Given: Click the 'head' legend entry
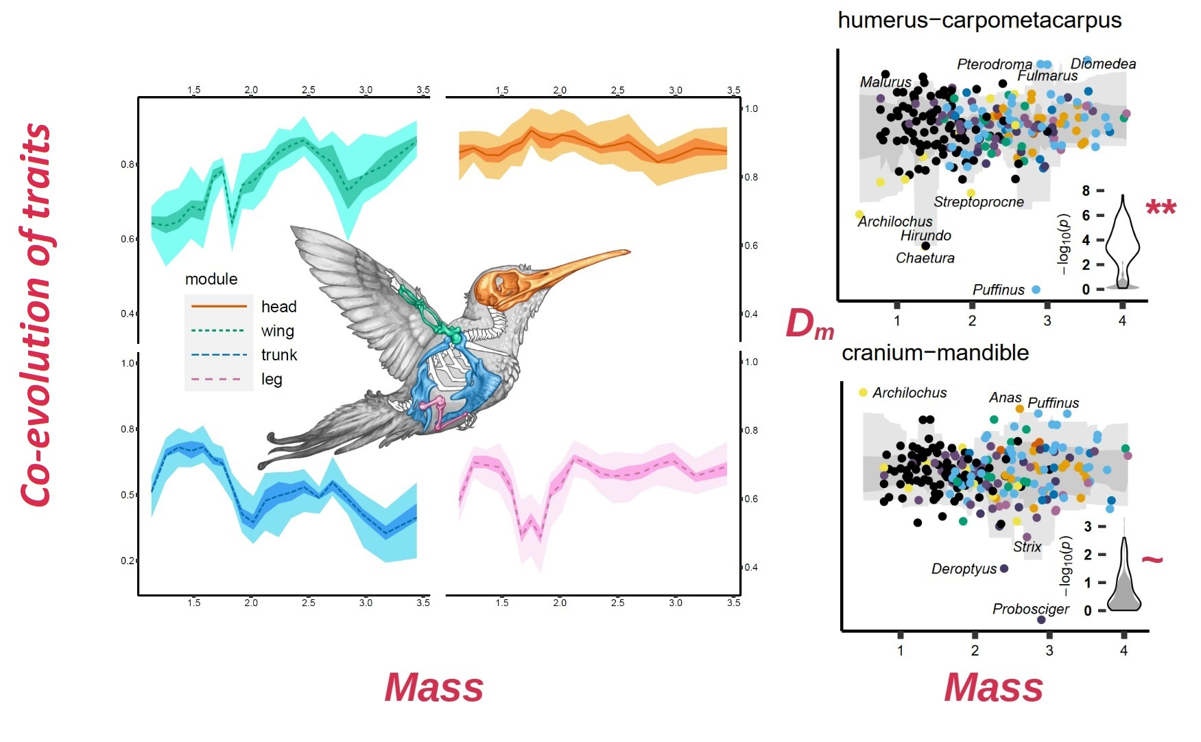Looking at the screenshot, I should [278, 307].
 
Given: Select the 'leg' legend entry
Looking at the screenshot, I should [272, 380].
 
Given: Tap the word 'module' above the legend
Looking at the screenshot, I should [211, 279].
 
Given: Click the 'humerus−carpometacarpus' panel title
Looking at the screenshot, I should [979, 21].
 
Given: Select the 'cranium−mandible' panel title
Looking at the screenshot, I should [935, 353].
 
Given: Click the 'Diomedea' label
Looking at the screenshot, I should [1103, 64].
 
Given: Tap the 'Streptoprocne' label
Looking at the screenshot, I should [978, 202].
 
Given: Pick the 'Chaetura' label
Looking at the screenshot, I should [925, 258].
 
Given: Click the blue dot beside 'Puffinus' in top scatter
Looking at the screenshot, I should [1036, 290].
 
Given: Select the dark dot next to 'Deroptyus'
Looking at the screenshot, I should [1004, 569].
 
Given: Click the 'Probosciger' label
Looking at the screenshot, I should [1030, 609].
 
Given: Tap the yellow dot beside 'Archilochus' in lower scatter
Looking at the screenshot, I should [863, 393].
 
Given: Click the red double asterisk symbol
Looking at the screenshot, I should [1161, 207].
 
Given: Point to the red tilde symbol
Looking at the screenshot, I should [1152, 559].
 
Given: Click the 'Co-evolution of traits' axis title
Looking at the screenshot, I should [36, 316].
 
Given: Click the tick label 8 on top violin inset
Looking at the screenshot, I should [1086, 191].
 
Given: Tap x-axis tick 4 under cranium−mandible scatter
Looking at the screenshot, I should [1123, 650].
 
